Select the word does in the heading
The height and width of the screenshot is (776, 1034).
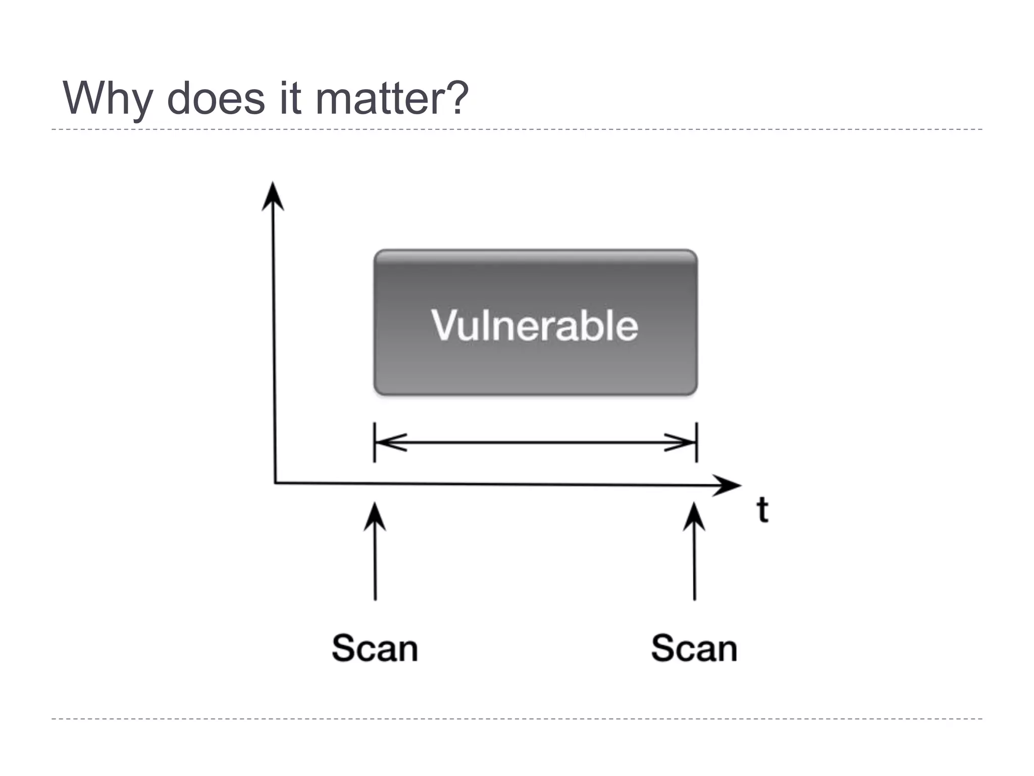(216, 99)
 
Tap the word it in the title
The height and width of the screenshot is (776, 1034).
(290, 99)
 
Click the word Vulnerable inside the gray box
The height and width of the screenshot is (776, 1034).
(535, 325)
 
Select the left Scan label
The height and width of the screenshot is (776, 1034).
(375, 648)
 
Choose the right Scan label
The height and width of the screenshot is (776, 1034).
(694, 648)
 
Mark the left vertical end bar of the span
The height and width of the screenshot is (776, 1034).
(374, 443)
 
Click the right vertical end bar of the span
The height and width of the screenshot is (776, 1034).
(697, 443)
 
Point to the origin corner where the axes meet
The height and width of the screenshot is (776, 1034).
(275, 483)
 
